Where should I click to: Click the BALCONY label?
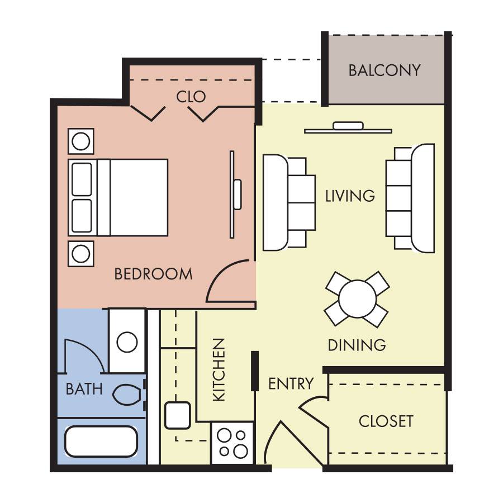[x=385, y=70]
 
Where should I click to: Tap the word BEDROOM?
[x=153, y=274]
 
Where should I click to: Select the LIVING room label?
[x=350, y=196]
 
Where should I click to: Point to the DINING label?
[x=357, y=345]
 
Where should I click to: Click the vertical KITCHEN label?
[x=219, y=369]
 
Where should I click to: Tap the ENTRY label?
[x=291, y=383]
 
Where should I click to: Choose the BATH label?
[x=84, y=389]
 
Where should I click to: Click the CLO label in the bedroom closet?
[x=191, y=97]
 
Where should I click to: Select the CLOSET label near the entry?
[x=386, y=421]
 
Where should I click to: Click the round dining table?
[x=357, y=299]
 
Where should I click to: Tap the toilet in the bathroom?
[x=127, y=394]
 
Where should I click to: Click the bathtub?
[x=101, y=442]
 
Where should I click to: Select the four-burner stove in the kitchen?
[x=232, y=443]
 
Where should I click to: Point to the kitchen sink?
[x=177, y=415]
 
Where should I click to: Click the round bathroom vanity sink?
[x=127, y=342]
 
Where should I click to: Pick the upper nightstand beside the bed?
[x=81, y=141]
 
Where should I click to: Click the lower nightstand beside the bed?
[x=81, y=254]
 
